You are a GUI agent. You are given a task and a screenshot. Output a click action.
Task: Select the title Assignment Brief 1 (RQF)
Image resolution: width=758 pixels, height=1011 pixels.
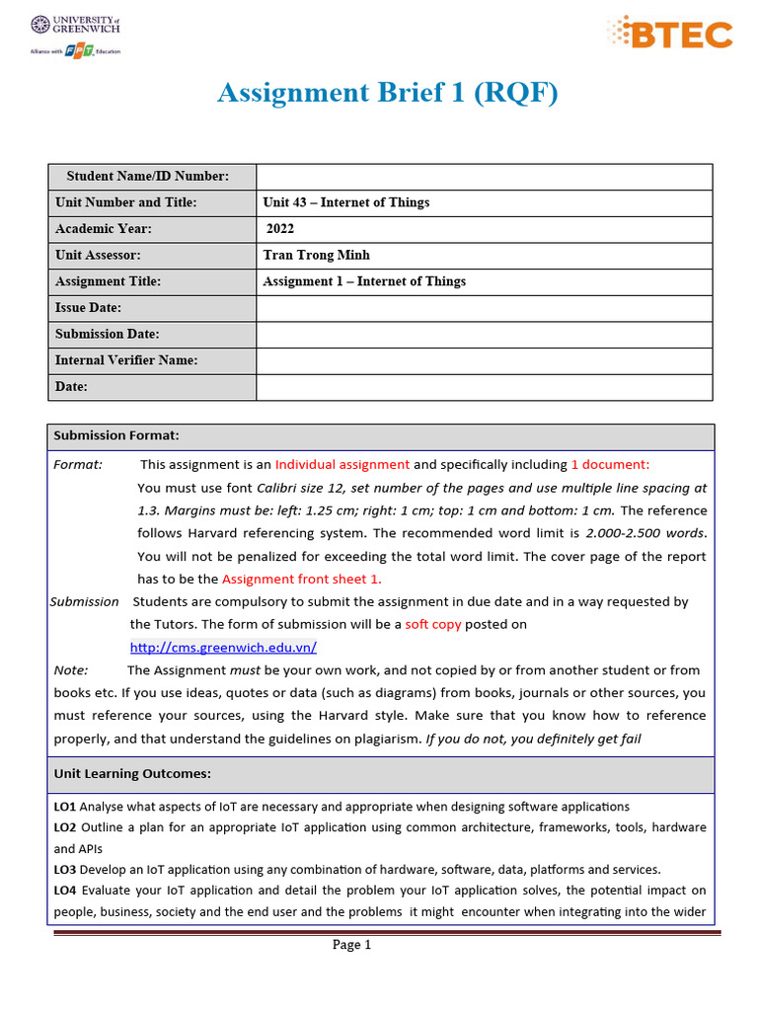(x=387, y=93)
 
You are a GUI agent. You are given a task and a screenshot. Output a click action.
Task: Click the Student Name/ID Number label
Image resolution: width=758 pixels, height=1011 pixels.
(x=147, y=177)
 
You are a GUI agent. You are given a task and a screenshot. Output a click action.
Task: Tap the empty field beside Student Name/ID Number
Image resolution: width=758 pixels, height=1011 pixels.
(x=484, y=177)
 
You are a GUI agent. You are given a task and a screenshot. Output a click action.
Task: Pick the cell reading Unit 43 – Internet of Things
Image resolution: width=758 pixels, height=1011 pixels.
(x=346, y=202)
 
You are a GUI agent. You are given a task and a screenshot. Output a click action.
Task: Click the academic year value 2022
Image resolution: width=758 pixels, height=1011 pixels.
(x=280, y=229)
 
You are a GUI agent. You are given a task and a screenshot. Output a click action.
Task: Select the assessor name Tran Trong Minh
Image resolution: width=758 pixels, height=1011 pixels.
(x=316, y=255)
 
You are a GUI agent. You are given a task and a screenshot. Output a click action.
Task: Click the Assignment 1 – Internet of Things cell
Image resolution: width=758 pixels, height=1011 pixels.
(x=364, y=281)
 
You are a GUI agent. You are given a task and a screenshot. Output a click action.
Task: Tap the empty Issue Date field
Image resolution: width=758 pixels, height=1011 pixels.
(x=484, y=308)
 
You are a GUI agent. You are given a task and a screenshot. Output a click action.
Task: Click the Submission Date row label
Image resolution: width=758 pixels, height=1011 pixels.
(x=108, y=335)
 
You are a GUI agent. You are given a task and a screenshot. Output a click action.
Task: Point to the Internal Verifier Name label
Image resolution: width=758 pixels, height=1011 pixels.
(x=126, y=360)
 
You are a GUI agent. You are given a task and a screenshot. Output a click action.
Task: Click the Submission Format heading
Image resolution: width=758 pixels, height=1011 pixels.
(x=116, y=435)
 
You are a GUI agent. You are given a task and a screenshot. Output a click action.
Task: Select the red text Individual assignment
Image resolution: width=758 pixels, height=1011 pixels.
(x=341, y=465)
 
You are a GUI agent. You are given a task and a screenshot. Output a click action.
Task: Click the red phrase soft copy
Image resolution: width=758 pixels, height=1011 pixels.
(x=433, y=625)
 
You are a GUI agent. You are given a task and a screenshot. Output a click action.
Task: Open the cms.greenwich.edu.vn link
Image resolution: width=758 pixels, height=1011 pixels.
(x=223, y=648)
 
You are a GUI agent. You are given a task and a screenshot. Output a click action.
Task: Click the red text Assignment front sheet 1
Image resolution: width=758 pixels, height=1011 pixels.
(x=301, y=580)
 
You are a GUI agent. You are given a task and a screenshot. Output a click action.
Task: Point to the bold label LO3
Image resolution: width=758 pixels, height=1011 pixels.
(x=65, y=870)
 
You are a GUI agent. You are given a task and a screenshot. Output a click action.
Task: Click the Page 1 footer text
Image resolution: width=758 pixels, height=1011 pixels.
(x=351, y=945)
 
